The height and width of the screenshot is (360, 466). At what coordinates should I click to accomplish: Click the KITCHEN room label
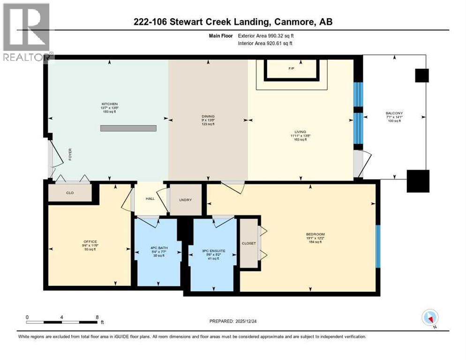(110, 104)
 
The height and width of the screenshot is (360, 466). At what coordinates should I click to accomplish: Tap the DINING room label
(208, 116)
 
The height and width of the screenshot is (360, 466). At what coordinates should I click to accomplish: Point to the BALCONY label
(393, 113)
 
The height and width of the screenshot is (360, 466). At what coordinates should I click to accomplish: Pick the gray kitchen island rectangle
(128, 128)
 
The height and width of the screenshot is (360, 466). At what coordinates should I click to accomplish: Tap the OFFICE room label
(89, 241)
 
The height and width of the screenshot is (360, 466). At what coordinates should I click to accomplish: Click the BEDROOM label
(315, 234)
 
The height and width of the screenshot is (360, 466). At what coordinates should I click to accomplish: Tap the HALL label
(150, 199)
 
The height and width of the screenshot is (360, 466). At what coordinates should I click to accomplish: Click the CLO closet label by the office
(70, 192)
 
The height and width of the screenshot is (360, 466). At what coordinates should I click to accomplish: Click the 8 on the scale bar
(97, 317)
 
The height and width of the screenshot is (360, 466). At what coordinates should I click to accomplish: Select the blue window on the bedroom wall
(378, 246)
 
